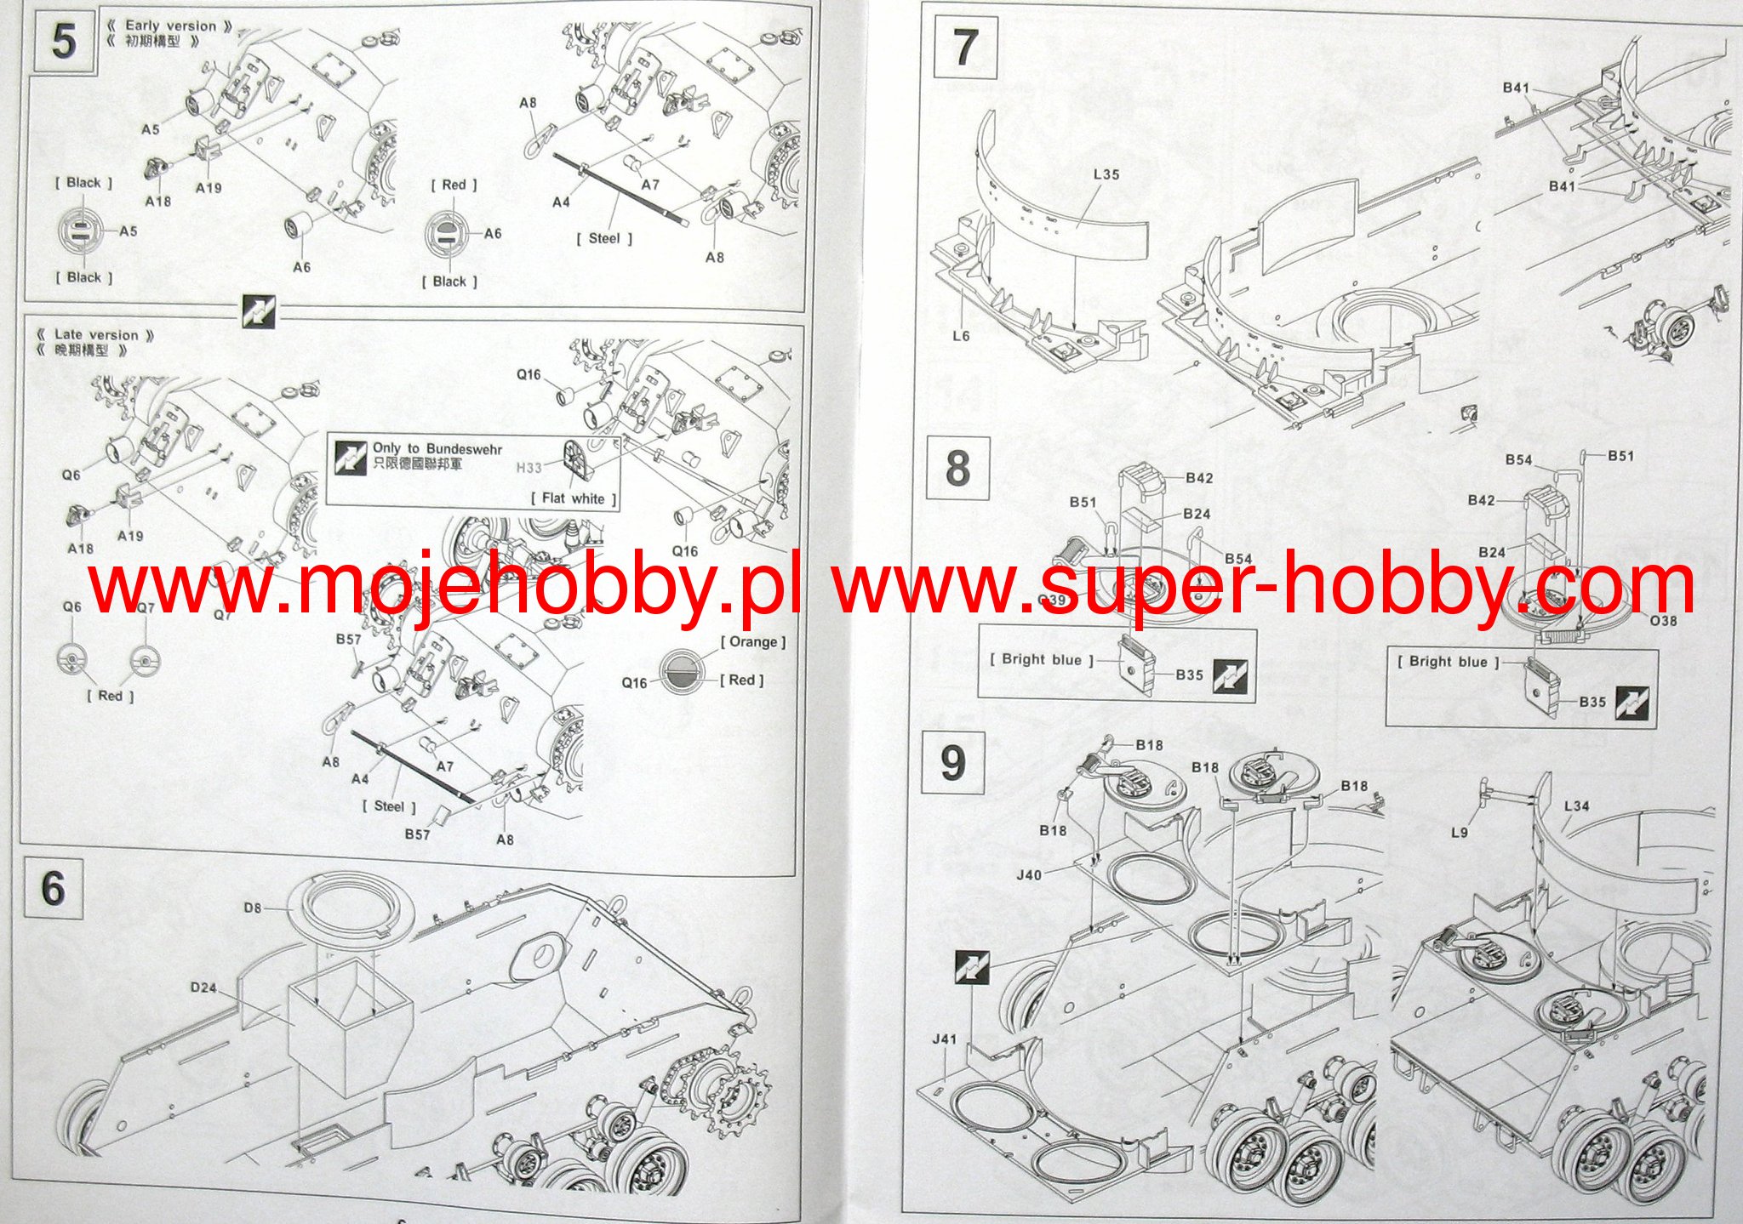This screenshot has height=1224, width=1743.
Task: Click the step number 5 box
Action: coord(64,41)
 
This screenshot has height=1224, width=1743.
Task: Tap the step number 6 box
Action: coord(54,889)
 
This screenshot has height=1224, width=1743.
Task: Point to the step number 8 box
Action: coord(957,468)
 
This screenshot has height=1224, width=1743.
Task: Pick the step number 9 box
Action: coord(953,763)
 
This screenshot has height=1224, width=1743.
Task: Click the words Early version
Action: coord(170,26)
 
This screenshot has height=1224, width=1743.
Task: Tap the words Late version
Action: coord(95,334)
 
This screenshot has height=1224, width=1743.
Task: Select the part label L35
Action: coord(1106,174)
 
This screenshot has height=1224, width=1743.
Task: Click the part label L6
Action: coord(961,336)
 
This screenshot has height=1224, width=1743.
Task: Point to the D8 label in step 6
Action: coord(253,908)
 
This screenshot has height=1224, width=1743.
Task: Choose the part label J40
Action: coord(1029,874)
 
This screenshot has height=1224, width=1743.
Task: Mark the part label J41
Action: coord(944,1039)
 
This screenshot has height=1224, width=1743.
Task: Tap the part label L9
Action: coord(1460,832)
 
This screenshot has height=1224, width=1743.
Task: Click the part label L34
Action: coord(1576,806)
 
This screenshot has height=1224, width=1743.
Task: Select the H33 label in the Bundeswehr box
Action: coord(529,467)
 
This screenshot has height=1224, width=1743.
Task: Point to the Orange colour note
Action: coord(753,641)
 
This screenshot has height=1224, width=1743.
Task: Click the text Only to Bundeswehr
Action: coord(437,448)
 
